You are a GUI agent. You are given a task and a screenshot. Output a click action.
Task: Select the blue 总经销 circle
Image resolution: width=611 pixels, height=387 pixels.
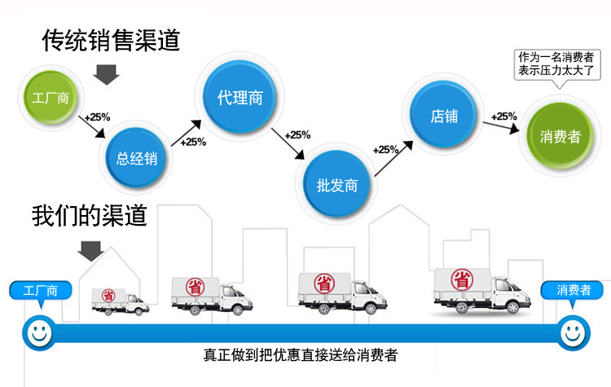click(x=137, y=158)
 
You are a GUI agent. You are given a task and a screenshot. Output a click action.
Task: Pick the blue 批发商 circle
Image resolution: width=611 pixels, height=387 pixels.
click(x=336, y=184)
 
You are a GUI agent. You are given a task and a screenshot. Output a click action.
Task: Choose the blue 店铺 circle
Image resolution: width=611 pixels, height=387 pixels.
click(x=445, y=116)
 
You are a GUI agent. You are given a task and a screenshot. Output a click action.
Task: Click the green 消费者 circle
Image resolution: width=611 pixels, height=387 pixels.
click(x=560, y=136)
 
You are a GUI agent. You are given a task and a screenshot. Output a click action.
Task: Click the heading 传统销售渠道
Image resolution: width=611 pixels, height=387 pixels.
click(x=111, y=40)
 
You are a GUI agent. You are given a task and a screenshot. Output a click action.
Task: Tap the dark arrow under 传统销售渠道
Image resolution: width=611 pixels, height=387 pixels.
click(x=105, y=75)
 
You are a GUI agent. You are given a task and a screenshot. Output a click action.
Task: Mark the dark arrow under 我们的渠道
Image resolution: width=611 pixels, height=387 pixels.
click(x=90, y=251)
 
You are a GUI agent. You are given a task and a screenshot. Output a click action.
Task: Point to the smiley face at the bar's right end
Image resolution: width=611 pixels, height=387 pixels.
click(x=573, y=332)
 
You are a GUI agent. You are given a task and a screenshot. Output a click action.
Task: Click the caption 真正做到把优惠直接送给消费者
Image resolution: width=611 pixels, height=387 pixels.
click(x=301, y=356)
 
